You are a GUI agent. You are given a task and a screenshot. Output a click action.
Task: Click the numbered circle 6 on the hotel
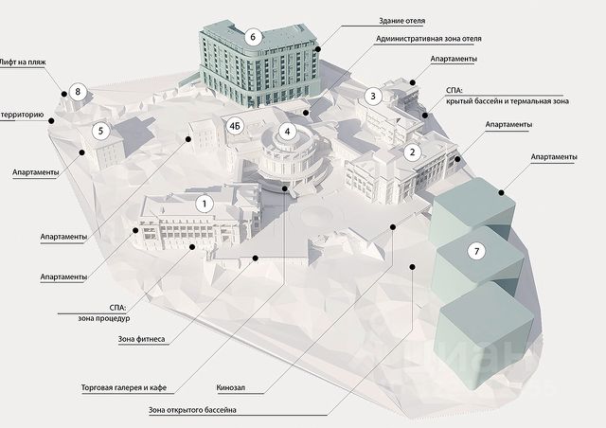pyautogui.click(x=253, y=36)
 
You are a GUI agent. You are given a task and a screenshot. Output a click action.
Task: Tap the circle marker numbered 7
pyautogui.click(x=477, y=251)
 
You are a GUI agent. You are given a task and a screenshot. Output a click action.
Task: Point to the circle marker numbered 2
pyautogui.click(x=412, y=152)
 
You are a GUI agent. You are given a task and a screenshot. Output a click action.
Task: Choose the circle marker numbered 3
pyautogui.click(x=373, y=96)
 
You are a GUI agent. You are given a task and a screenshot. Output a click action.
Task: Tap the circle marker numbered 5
pyautogui.click(x=102, y=133)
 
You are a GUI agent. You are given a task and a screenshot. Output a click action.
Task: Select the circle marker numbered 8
pyautogui.click(x=78, y=92)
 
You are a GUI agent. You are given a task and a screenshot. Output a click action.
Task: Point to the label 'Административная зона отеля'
pyautogui.click(x=428, y=39)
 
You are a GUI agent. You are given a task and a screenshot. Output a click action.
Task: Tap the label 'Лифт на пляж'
pyautogui.click(x=25, y=60)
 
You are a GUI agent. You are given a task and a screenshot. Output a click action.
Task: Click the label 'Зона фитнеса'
pyautogui.click(x=142, y=339)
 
